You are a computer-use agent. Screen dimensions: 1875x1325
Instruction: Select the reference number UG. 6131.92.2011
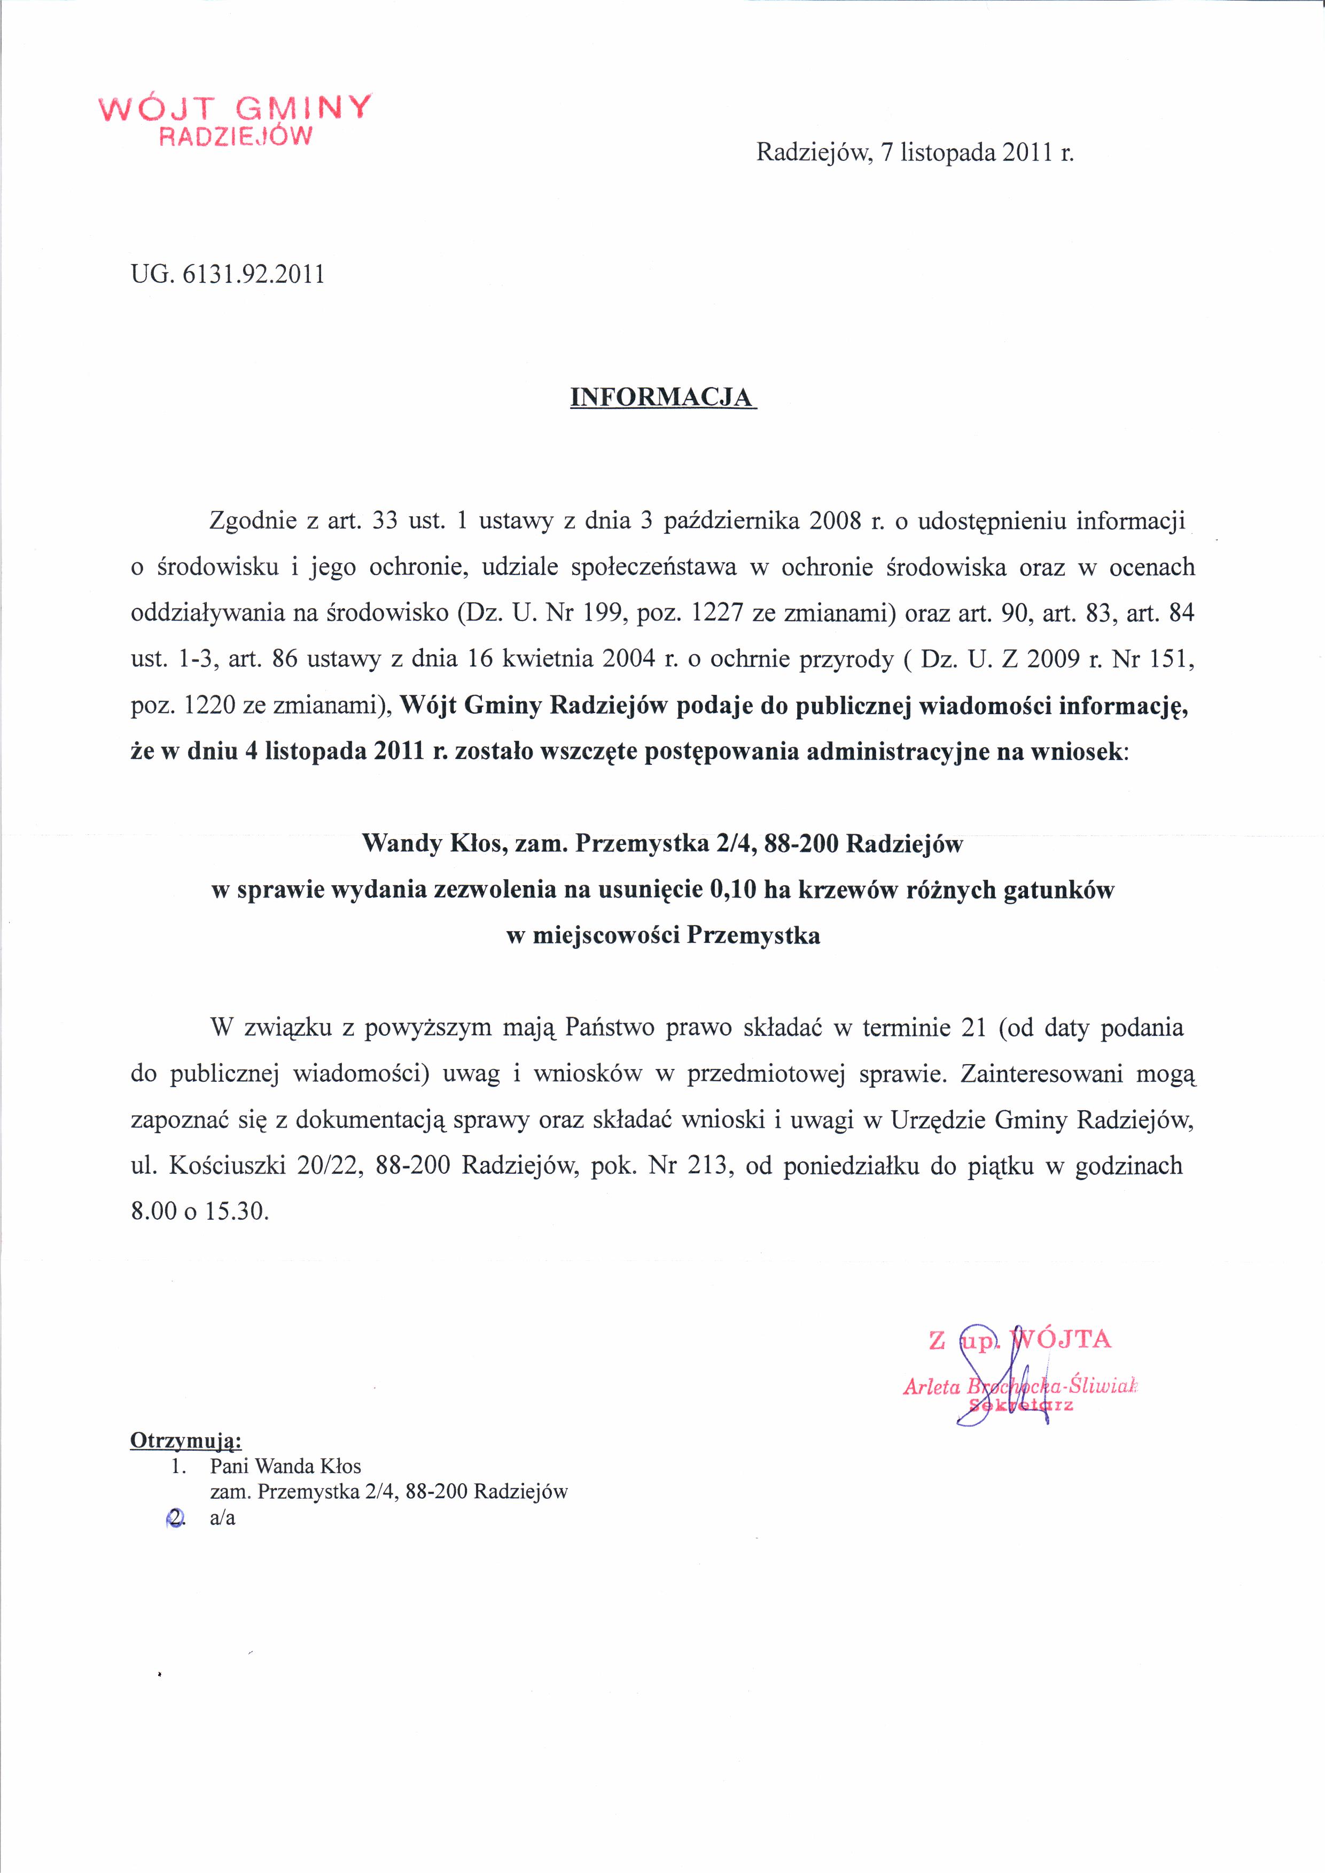228,274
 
